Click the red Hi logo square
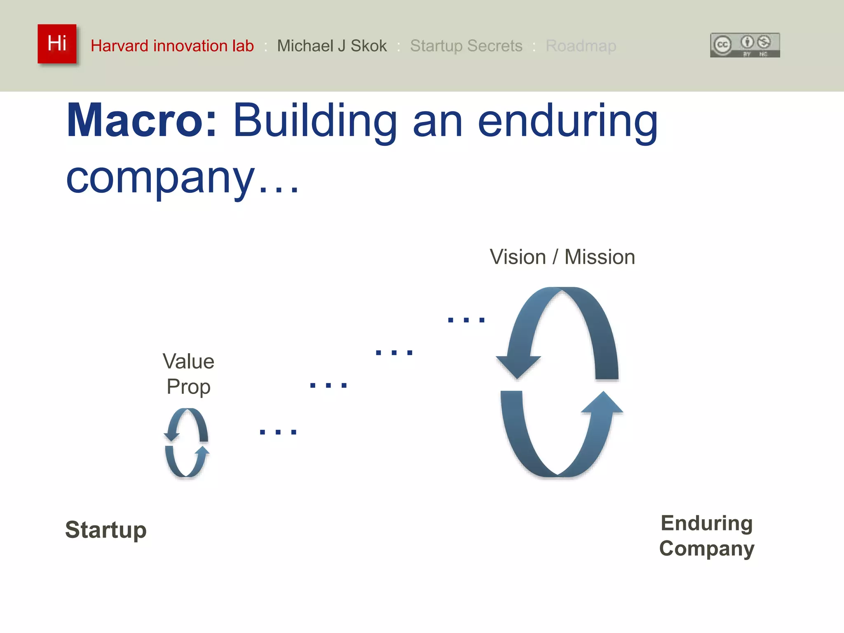(x=57, y=44)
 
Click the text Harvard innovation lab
(x=172, y=46)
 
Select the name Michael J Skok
(x=332, y=46)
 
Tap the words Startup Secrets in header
(x=466, y=46)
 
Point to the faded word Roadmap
(x=580, y=46)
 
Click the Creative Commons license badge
(x=745, y=45)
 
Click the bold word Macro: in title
(x=141, y=120)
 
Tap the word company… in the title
(x=181, y=178)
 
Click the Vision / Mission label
(x=562, y=257)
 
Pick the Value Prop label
(x=188, y=373)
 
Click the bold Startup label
(x=106, y=530)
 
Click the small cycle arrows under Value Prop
(x=187, y=442)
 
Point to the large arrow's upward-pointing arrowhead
(x=603, y=403)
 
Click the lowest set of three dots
(x=278, y=432)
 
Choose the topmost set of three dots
(x=466, y=320)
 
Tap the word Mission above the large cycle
(x=600, y=257)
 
